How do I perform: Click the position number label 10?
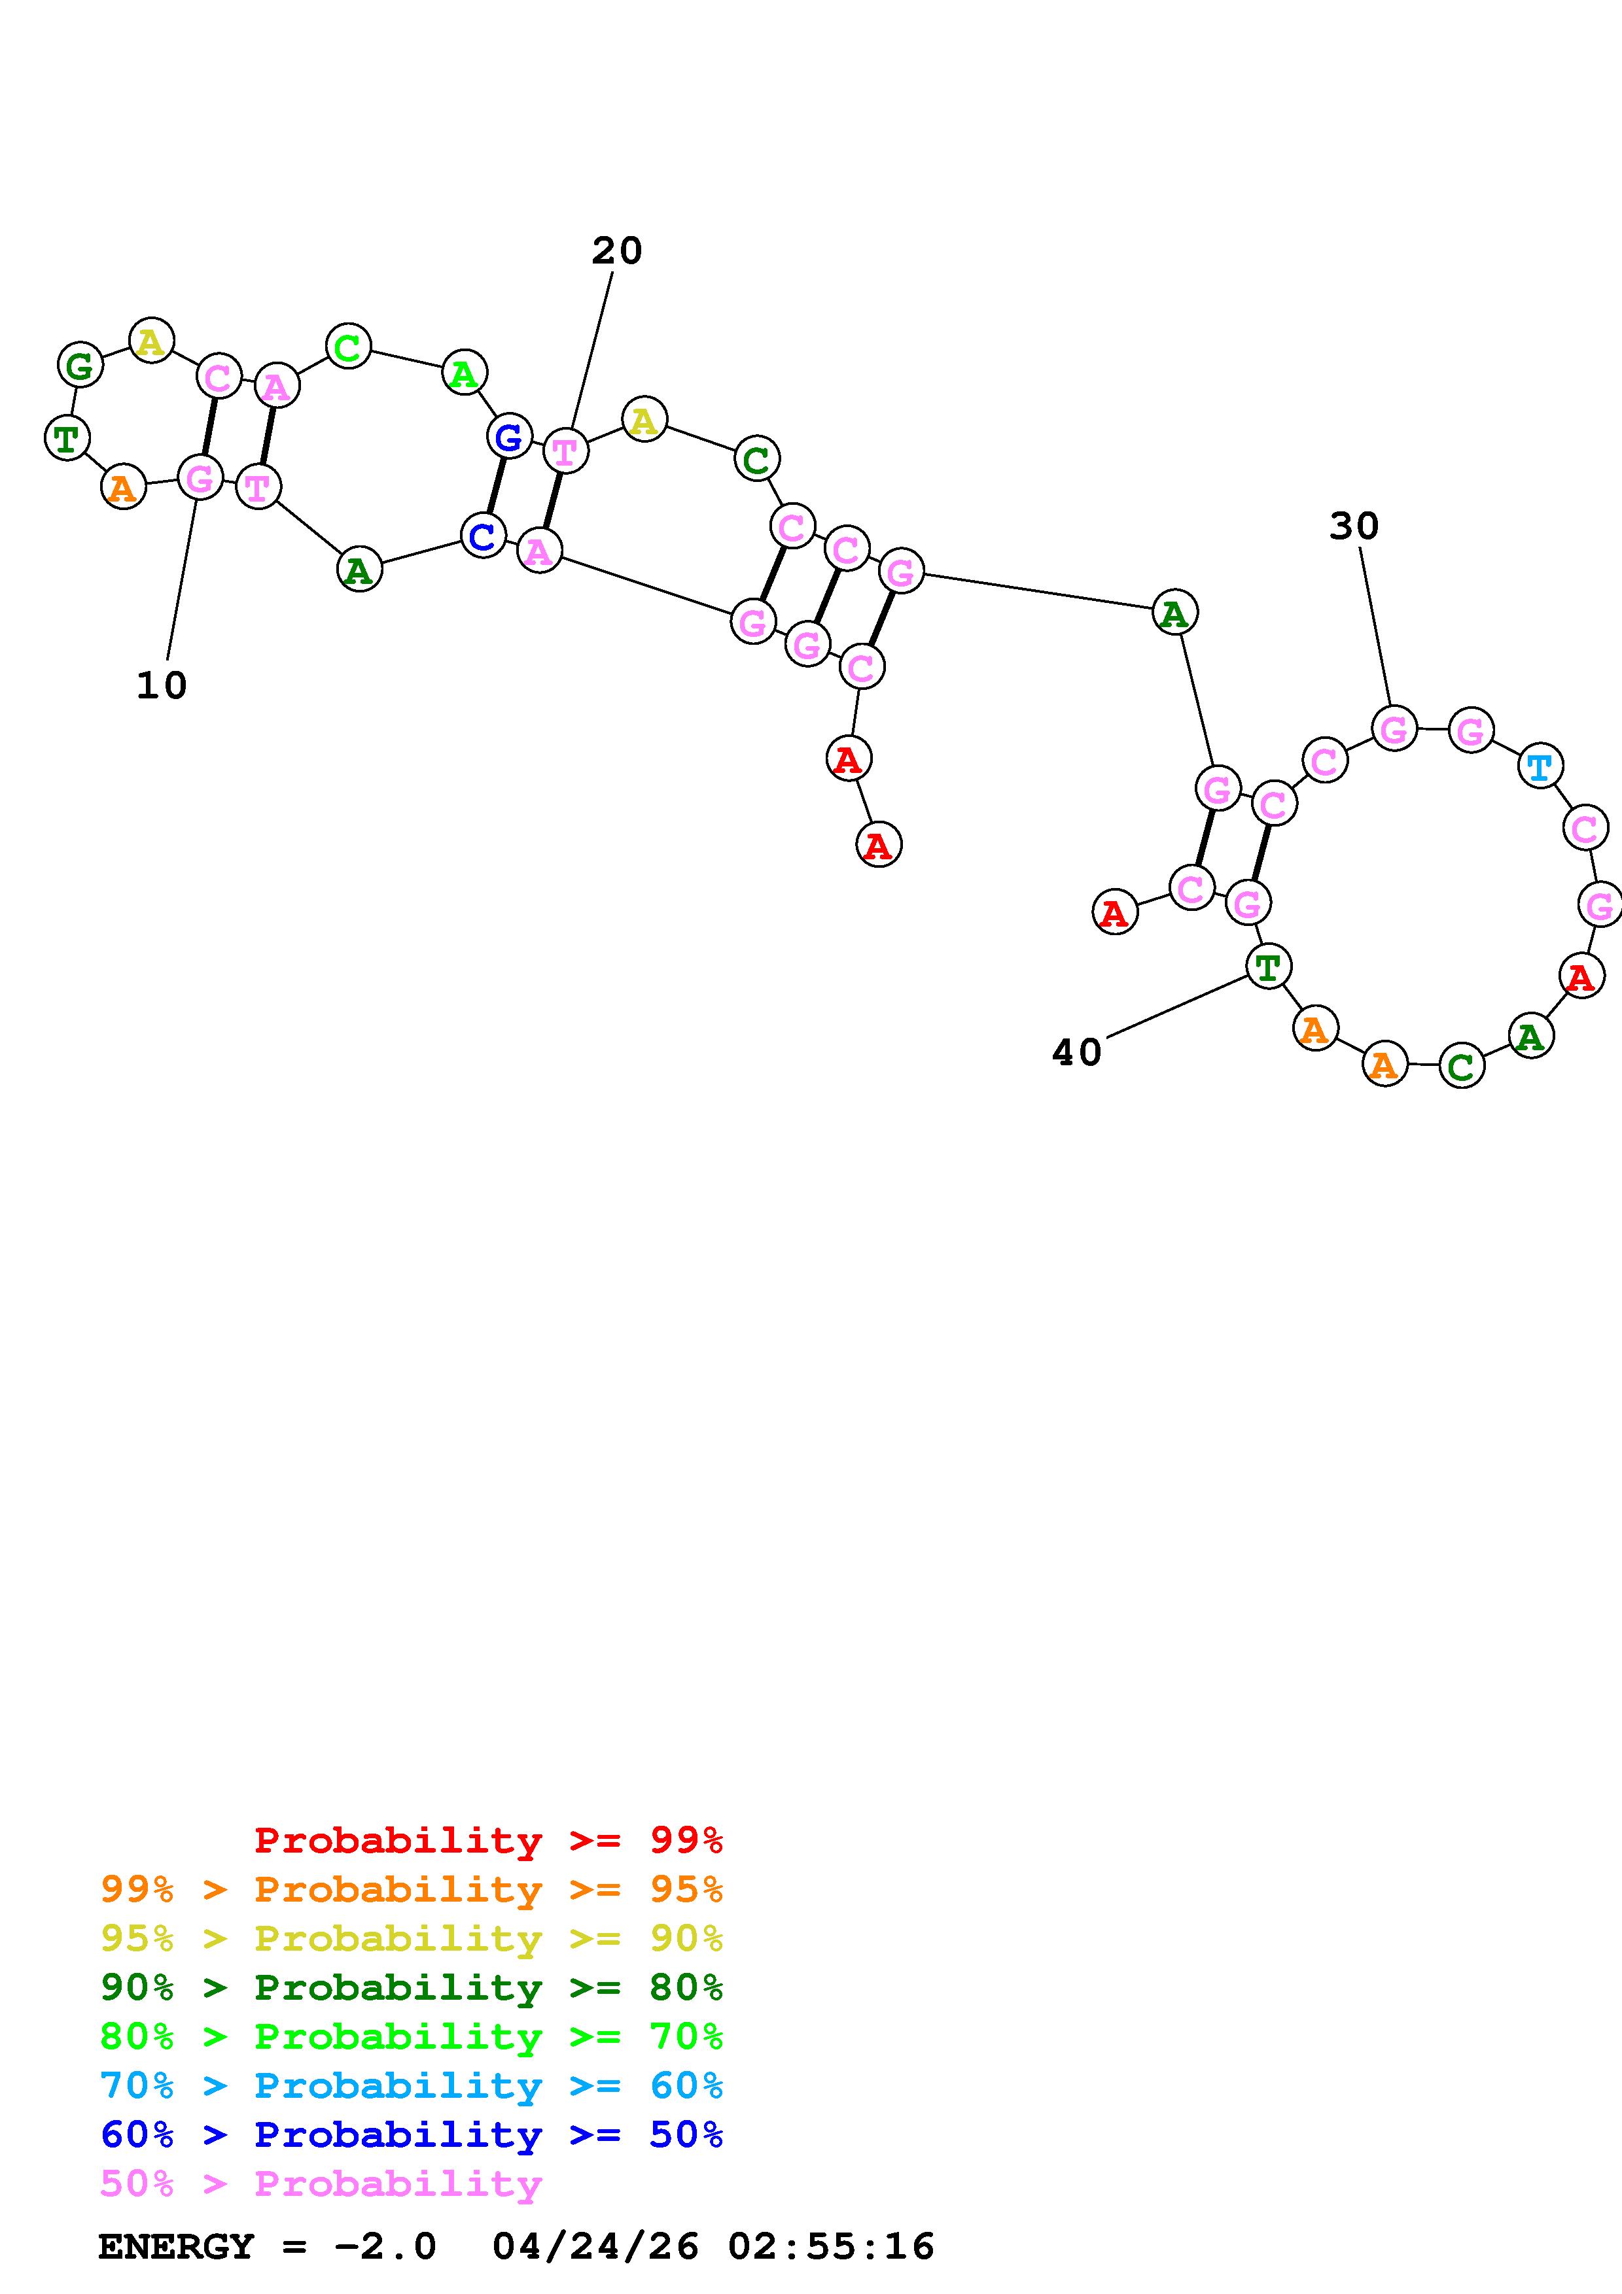[162, 685]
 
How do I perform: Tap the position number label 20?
[616, 250]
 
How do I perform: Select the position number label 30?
[1354, 526]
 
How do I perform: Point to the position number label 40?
[1076, 1052]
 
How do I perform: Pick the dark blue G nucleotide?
[508, 437]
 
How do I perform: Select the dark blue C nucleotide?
[483, 536]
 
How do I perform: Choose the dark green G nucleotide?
[80, 365]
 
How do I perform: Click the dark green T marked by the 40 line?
[1268, 966]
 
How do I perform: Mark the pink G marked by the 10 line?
[200, 477]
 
